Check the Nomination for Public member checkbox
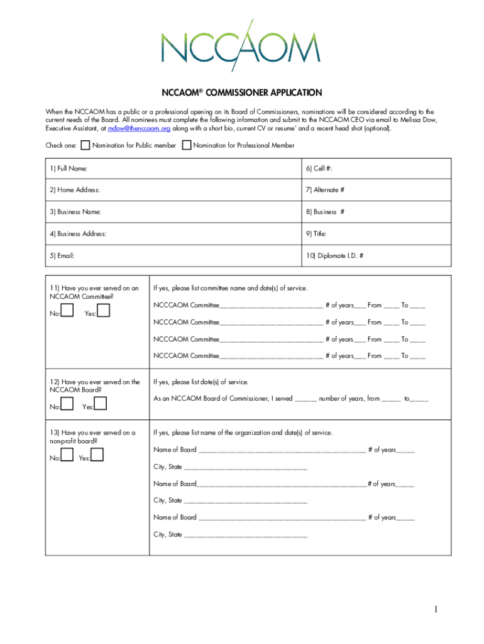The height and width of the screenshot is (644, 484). [85, 146]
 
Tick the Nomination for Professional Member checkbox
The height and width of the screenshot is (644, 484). [186, 146]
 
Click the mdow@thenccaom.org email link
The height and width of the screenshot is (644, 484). [139, 128]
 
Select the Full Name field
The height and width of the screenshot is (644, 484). [189, 169]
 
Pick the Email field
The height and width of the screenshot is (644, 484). [189, 256]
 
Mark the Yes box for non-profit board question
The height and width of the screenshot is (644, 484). [98, 455]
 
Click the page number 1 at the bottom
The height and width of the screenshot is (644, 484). [434, 609]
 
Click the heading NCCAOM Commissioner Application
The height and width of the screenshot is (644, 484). [242, 93]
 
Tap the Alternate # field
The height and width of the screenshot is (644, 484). [402, 190]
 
